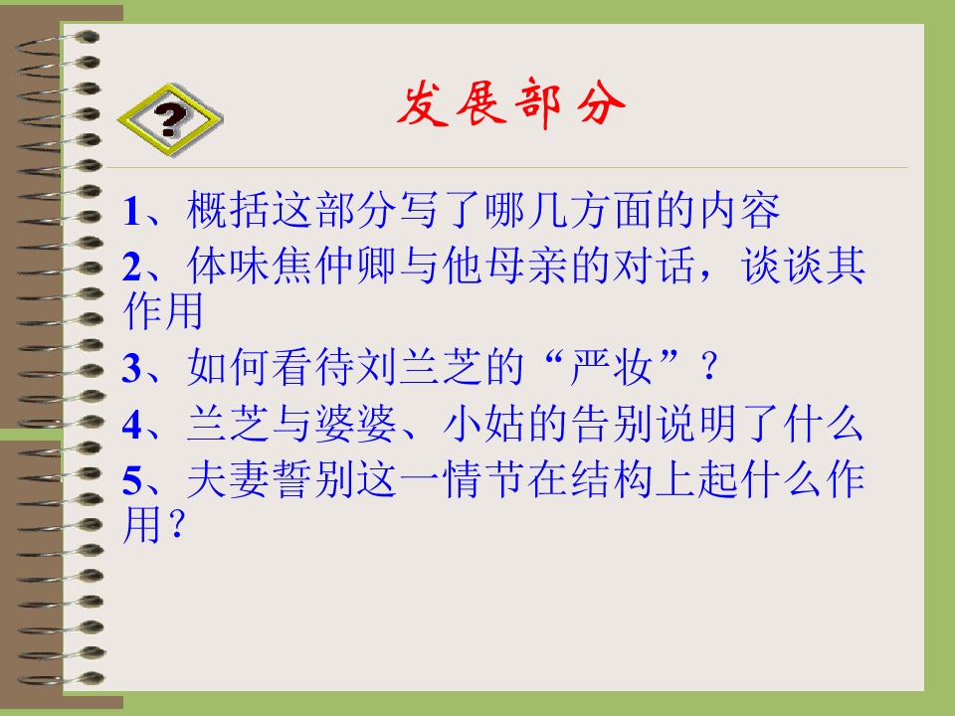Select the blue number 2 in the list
(132, 267)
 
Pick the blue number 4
(132, 426)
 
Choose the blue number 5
(132, 482)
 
